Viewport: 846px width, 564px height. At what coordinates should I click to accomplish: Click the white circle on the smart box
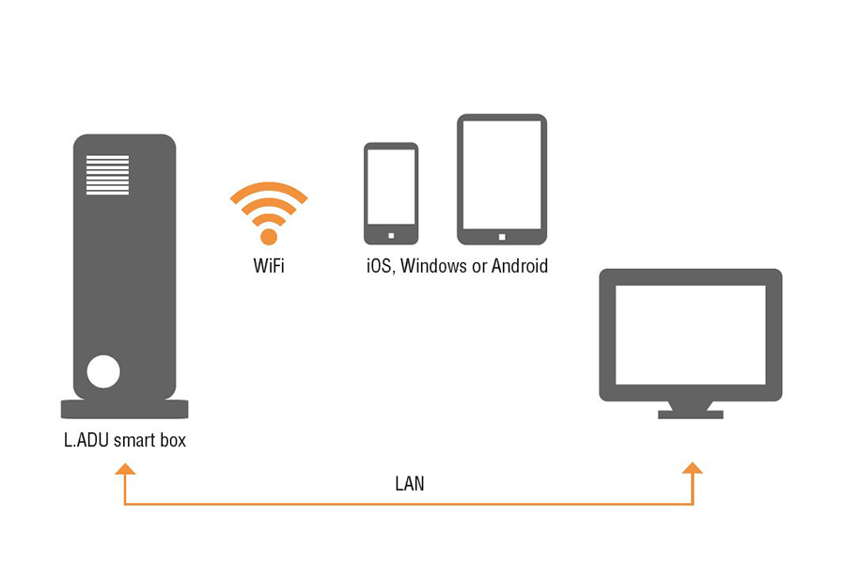103,372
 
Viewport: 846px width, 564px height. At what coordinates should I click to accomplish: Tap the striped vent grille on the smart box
108,176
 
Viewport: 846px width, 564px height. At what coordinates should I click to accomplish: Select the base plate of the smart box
124,409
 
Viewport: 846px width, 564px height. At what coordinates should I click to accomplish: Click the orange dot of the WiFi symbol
269,236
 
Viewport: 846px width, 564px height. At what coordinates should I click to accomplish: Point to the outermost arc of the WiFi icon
269,190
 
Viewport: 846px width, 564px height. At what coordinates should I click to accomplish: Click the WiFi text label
269,266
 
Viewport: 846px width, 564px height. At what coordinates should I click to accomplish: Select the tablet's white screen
502,175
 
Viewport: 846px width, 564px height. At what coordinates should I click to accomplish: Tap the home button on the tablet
502,236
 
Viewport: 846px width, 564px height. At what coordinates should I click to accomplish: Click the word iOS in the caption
380,266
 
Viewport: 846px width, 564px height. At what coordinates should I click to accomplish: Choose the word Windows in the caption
433,266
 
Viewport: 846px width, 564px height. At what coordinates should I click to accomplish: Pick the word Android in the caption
518,266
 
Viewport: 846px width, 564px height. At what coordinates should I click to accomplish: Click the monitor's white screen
691,334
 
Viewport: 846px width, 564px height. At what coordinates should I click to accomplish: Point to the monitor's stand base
691,414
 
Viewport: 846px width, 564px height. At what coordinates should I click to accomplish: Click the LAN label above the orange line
409,485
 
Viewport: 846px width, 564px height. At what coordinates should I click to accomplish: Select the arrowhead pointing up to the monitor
693,467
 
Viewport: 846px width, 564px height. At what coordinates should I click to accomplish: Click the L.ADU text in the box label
85,439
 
